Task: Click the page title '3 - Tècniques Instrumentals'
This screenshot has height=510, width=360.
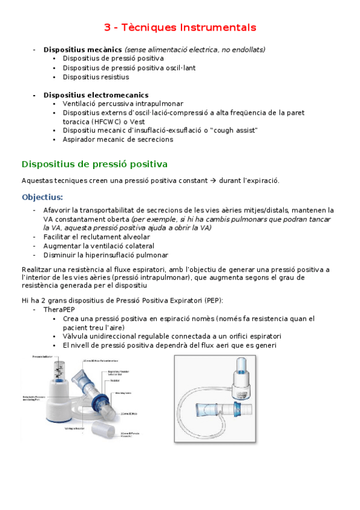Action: (180, 28)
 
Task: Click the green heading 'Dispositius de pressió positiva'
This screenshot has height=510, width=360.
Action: (94, 164)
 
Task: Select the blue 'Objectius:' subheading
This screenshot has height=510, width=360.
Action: (42, 197)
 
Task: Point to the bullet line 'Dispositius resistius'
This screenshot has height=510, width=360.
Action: (96, 77)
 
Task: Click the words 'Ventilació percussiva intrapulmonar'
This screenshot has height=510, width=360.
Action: (123, 104)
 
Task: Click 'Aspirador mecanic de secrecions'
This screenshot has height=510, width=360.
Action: (118, 139)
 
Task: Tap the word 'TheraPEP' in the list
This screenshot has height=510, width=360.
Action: (59, 309)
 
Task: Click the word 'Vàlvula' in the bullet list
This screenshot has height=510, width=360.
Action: (76, 336)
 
